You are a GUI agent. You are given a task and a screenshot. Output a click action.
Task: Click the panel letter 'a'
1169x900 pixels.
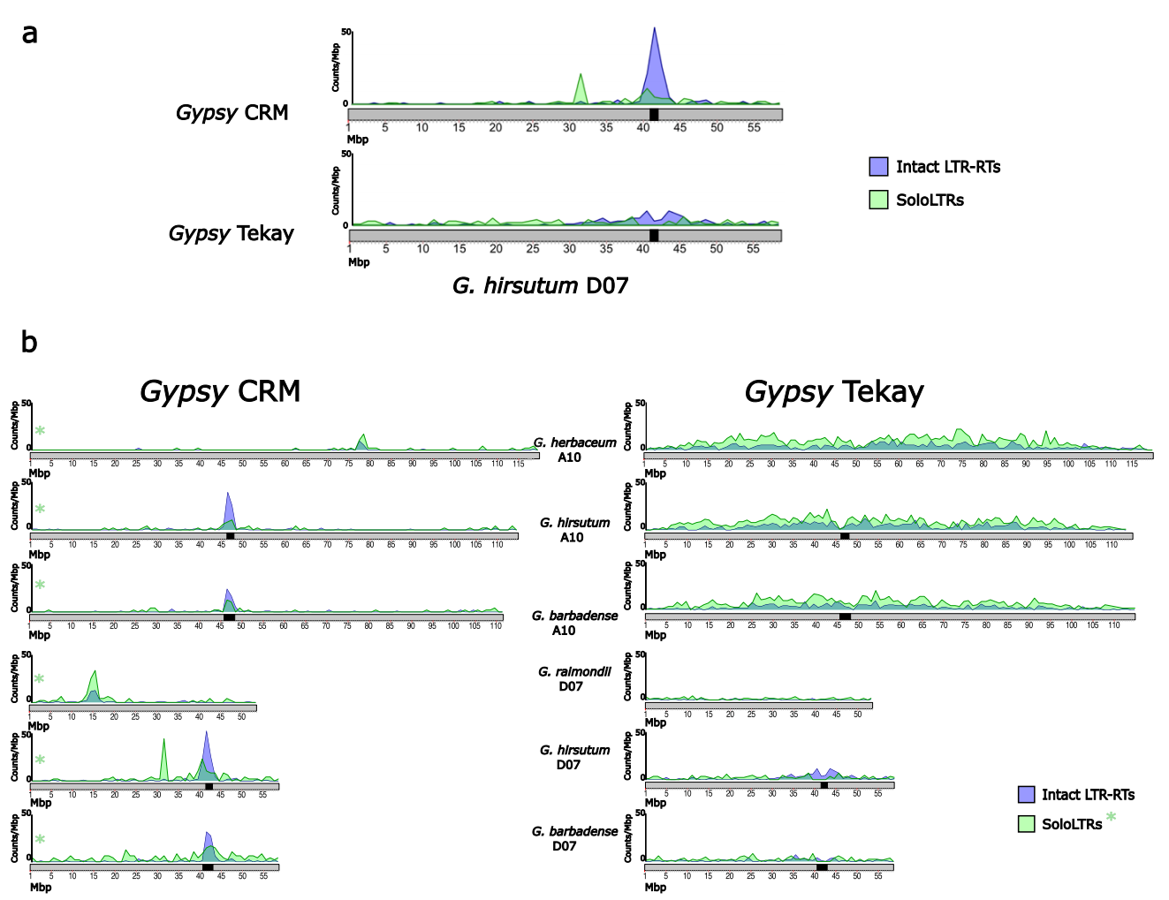click(30, 34)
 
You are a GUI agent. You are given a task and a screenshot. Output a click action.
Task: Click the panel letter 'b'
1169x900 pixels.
click(29, 342)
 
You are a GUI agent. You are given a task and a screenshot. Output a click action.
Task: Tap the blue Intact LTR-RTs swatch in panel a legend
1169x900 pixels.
click(878, 167)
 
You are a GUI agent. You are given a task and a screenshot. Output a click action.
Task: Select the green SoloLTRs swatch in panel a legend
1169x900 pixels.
click(878, 200)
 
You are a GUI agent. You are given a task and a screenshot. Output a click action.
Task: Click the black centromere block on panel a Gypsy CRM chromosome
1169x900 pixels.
click(654, 115)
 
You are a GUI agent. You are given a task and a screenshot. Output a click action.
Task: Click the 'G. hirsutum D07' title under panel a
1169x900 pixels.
click(540, 286)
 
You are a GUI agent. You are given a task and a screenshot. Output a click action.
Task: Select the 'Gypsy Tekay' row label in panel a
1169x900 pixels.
click(232, 234)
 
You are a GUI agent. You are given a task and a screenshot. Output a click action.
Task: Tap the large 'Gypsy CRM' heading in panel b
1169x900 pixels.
click(220, 391)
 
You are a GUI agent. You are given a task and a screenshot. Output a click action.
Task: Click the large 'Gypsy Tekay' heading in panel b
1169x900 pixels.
click(834, 391)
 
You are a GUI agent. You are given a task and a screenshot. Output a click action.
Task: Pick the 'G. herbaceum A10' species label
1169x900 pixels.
click(574, 450)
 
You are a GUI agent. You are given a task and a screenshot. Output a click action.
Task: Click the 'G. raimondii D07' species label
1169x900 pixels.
click(574, 678)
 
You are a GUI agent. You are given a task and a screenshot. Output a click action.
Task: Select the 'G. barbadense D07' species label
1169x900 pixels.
click(574, 838)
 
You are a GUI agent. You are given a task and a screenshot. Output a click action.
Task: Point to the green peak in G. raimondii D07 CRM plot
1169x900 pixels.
click(95, 680)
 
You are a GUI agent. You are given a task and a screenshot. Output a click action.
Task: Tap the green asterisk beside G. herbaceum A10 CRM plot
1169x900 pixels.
click(40, 431)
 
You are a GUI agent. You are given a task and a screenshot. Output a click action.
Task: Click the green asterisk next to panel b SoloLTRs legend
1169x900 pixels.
click(1111, 817)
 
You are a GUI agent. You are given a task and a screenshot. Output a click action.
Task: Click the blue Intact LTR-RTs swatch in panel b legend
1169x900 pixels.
click(1026, 794)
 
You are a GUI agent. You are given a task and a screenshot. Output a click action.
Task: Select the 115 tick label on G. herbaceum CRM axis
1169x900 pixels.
click(519, 464)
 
